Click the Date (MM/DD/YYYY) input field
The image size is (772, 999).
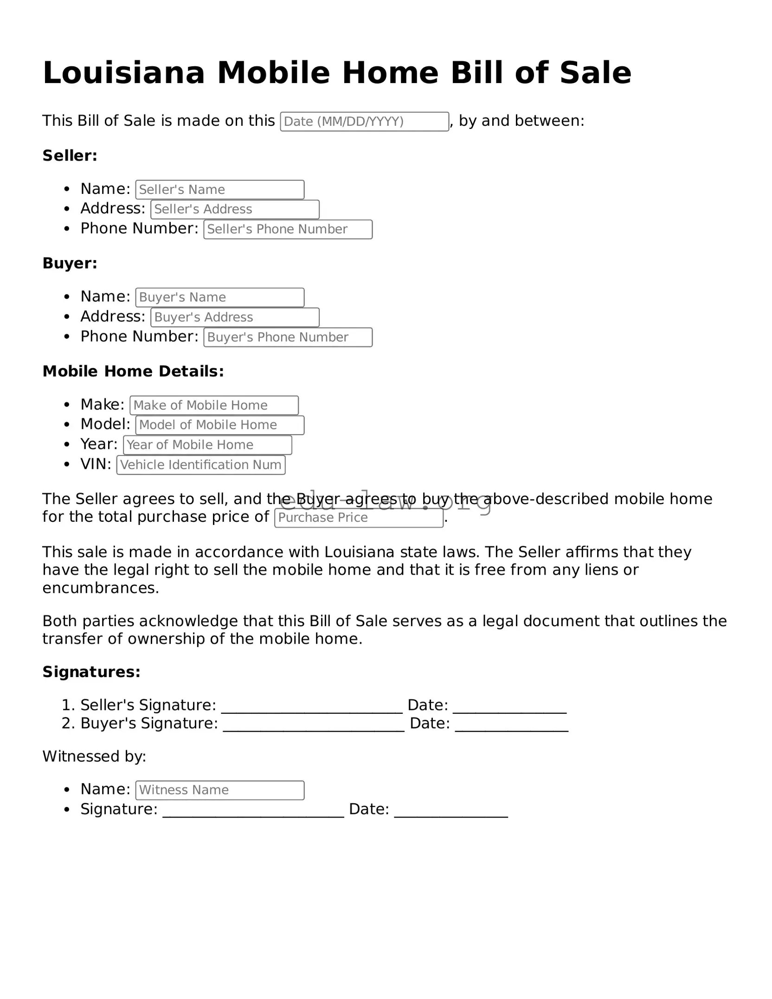pyautogui.click(x=364, y=122)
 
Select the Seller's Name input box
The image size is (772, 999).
pyautogui.click(x=219, y=190)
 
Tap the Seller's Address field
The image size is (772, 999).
pyautogui.click(x=235, y=209)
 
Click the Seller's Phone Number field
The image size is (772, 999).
pyautogui.click(x=288, y=229)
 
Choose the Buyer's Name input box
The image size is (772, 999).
pyautogui.click(x=219, y=297)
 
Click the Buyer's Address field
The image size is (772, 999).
pyautogui.click(x=235, y=317)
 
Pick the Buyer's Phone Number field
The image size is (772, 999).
pyautogui.click(x=288, y=337)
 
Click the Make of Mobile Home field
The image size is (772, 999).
pyautogui.click(x=214, y=405)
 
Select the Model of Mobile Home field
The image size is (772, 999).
pyautogui.click(x=219, y=425)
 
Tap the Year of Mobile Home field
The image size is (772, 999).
pyautogui.click(x=207, y=445)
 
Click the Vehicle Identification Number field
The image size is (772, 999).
pyautogui.click(x=200, y=465)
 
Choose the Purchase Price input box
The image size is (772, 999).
pyautogui.click(x=359, y=518)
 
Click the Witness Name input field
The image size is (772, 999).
pyautogui.click(x=219, y=790)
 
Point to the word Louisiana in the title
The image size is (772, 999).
pyautogui.click(x=123, y=73)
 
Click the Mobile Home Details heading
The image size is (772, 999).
pyautogui.click(x=133, y=371)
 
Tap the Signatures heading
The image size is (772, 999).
pyautogui.click(x=91, y=672)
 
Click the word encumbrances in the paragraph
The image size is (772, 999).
pyautogui.click(x=101, y=588)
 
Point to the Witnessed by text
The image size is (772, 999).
pyautogui.click(x=94, y=756)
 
